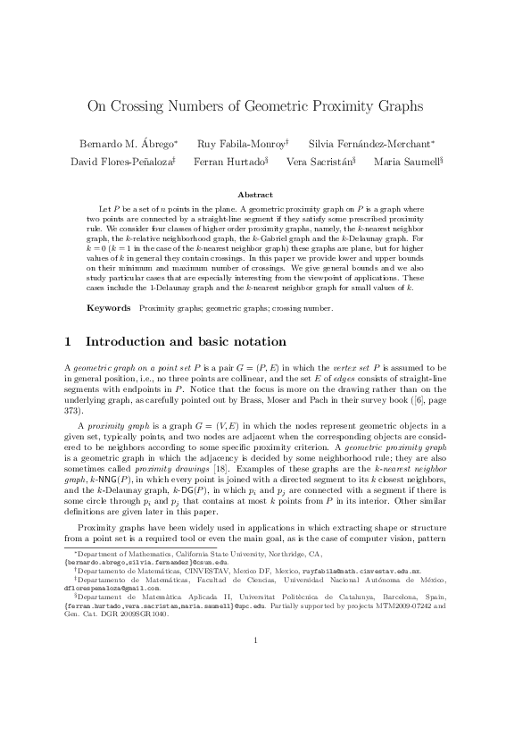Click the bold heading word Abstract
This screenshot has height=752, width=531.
pos(265,194)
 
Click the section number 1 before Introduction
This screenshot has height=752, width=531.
pos(70,342)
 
